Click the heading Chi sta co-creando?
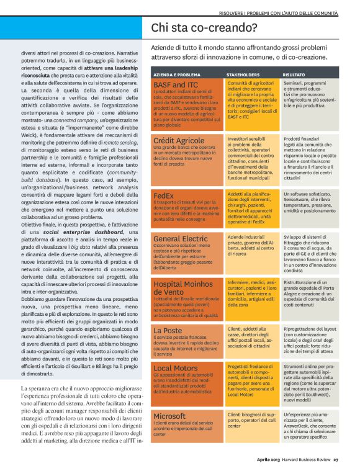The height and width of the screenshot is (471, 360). [x=204, y=27]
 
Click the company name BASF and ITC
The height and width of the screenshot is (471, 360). [x=176, y=84]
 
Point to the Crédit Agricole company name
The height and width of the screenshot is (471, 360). [x=179, y=141]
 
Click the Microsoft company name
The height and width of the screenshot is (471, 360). [x=169, y=416]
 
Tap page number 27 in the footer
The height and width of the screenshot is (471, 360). [x=336, y=460]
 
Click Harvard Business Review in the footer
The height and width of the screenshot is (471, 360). [x=306, y=460]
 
